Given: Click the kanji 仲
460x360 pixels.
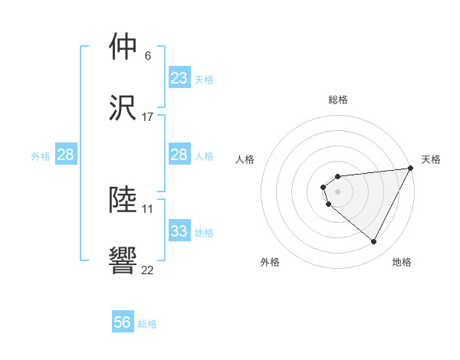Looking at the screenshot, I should pos(123,47).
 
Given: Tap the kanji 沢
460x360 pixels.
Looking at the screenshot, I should pos(123,108).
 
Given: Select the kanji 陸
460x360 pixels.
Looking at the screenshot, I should pos(123,200).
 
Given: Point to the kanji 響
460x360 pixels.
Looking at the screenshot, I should pos(123,260).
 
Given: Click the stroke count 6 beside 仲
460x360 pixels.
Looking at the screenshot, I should pos(147,56).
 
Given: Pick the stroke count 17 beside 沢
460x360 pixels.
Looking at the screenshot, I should pos(148,117).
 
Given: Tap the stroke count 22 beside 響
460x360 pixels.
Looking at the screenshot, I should pos(148,270).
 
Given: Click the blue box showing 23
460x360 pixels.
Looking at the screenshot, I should pos(179,78).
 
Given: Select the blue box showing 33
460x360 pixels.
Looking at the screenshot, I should pos(179,231).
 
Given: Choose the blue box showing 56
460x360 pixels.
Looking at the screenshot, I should pos(123,322).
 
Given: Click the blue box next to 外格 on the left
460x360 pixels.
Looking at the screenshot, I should pos(66,155).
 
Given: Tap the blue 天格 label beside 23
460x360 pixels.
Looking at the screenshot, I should pos(204,79).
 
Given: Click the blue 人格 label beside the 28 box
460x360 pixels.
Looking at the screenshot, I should pos(204,155).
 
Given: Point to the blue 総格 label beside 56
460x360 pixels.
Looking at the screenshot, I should pos(147,323).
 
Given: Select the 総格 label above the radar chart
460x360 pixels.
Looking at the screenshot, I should pos(338,100).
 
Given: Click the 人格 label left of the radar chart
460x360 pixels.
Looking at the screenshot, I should pos(245,159).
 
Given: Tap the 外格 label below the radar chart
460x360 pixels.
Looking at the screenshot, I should pos(270,263).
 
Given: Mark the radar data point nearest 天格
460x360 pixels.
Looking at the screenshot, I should pos(411,169).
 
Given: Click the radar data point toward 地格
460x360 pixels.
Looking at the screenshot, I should pos(373,242).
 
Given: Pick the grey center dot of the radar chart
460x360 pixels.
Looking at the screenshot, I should pos(338,191).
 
